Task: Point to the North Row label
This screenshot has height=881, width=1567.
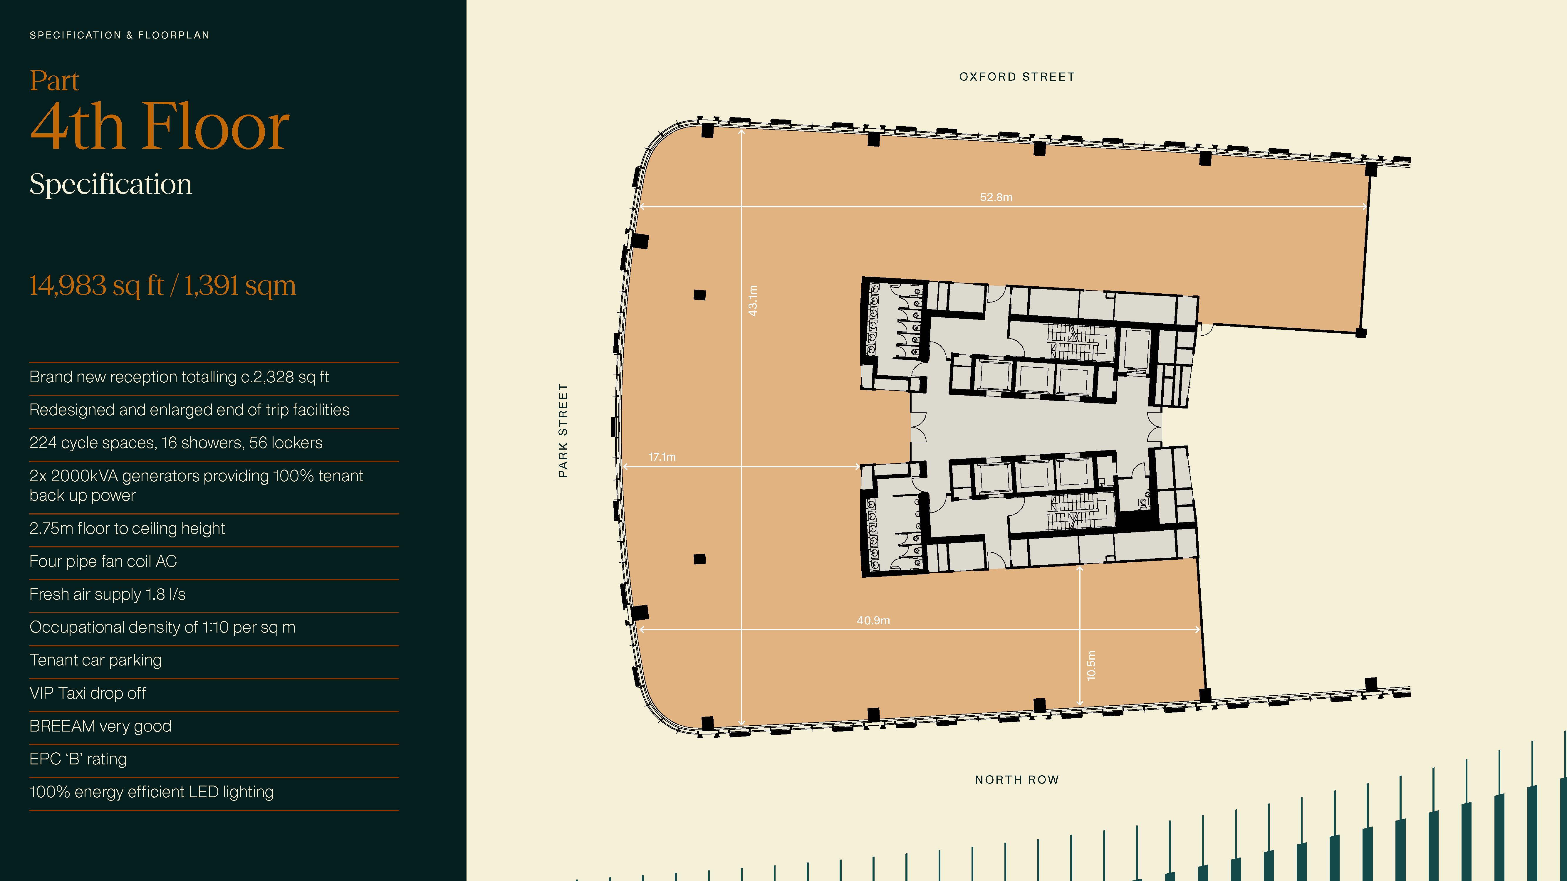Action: click(1017, 779)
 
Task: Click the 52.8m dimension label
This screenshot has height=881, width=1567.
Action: click(996, 197)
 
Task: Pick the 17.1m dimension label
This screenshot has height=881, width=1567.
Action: click(662, 457)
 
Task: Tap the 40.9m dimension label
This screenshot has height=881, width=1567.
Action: click(873, 620)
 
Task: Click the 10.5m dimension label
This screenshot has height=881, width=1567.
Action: click(1091, 665)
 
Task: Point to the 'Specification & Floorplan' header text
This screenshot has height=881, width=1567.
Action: click(119, 35)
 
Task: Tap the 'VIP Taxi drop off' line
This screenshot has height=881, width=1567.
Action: click(88, 693)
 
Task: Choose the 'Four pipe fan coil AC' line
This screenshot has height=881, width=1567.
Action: click(103, 561)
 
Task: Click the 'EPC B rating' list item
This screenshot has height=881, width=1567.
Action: click(78, 759)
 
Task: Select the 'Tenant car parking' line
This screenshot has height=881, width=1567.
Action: click(95, 660)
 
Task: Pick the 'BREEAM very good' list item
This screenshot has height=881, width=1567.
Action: click(100, 726)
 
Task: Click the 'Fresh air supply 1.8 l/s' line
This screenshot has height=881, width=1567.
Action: click(107, 594)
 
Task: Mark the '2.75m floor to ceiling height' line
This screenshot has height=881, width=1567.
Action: click(127, 528)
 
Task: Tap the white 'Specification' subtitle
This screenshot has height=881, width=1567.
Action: click(111, 184)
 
